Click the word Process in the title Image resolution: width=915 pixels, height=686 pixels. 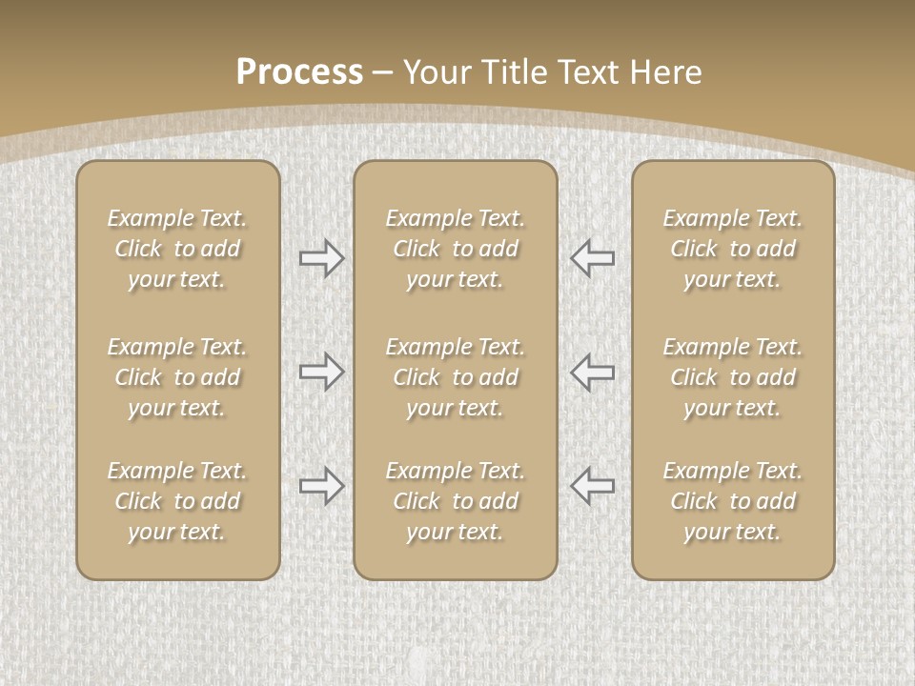[x=299, y=71]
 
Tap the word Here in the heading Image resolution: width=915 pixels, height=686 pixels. [x=666, y=71]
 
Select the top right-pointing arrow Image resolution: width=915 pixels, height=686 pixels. [x=321, y=258]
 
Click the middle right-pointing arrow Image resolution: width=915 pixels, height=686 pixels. [x=321, y=372]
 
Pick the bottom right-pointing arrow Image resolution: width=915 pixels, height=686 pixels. [x=321, y=486]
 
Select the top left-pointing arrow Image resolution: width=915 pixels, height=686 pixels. [x=593, y=258]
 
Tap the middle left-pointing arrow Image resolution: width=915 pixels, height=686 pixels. [x=593, y=372]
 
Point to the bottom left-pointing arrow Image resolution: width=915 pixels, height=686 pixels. [x=593, y=486]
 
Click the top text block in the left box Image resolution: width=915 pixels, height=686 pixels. [x=177, y=249]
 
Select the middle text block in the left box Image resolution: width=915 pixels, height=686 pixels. [x=177, y=377]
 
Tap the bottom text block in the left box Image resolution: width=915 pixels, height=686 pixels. [x=177, y=501]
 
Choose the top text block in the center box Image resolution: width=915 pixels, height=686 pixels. [x=455, y=249]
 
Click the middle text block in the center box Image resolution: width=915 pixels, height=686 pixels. [x=455, y=377]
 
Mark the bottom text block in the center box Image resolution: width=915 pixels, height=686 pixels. [x=455, y=501]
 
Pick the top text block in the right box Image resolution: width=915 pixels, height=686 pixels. [x=732, y=249]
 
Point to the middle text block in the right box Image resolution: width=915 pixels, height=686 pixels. [x=732, y=377]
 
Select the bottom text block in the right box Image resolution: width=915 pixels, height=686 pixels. [x=732, y=501]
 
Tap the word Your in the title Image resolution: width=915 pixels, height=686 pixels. [x=436, y=71]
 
